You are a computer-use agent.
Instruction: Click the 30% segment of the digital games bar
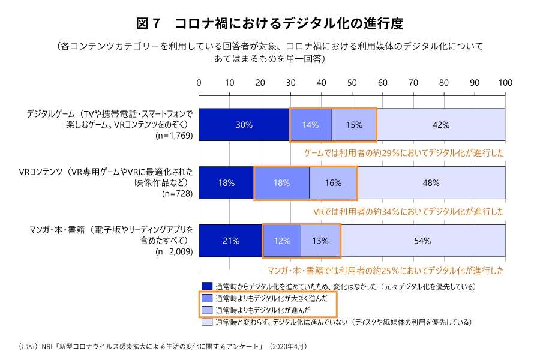244,125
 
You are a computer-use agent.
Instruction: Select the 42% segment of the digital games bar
441,125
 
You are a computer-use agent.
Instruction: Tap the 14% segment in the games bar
310,125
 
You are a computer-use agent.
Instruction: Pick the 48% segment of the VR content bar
431,183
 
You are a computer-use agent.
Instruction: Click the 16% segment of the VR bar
333,183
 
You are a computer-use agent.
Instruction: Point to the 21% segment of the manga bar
231,241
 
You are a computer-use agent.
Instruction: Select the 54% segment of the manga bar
422,241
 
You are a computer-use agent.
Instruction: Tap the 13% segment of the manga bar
320,241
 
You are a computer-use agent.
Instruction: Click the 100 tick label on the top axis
505,82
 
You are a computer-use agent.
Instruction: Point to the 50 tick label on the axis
352,82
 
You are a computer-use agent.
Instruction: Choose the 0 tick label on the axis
199,82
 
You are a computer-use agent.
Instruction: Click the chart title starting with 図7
269,24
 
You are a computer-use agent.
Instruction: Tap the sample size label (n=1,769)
174,136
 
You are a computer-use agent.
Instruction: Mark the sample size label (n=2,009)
174,252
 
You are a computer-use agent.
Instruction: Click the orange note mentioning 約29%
404,153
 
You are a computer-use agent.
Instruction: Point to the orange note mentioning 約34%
409,211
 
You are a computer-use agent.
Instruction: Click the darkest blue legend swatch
207,286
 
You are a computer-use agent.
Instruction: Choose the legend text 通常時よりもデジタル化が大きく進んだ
271,298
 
